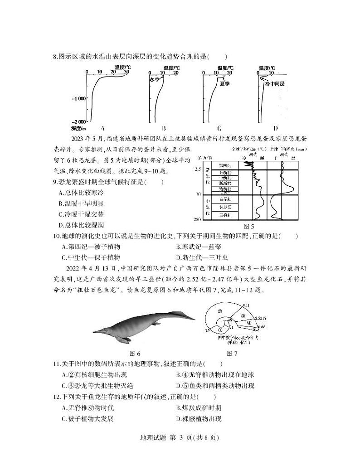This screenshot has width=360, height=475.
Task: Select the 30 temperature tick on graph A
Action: point(126,72)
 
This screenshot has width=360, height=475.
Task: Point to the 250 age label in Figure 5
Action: point(197,219)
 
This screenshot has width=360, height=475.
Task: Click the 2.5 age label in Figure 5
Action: point(197,169)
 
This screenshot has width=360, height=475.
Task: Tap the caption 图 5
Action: point(248,227)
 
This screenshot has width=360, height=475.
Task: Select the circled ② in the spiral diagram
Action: point(219,311)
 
